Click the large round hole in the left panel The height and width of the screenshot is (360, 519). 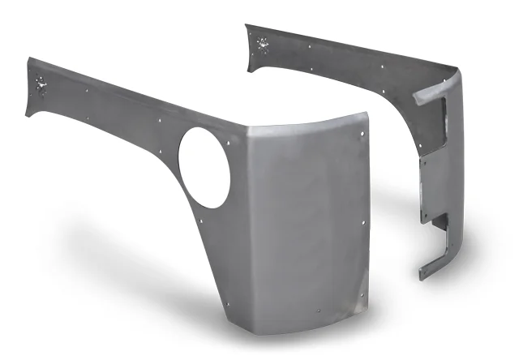pyautogui.click(x=204, y=167)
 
